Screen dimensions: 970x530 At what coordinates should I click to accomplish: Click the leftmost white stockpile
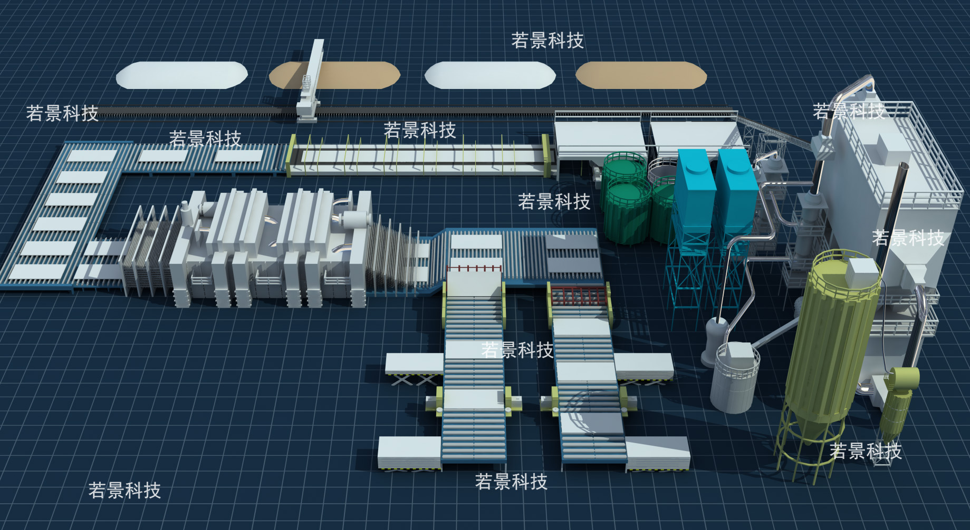182,75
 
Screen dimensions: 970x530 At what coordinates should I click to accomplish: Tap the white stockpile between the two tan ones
490,75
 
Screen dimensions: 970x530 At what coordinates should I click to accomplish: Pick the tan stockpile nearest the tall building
641,75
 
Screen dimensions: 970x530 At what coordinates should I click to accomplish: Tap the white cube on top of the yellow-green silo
862,272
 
